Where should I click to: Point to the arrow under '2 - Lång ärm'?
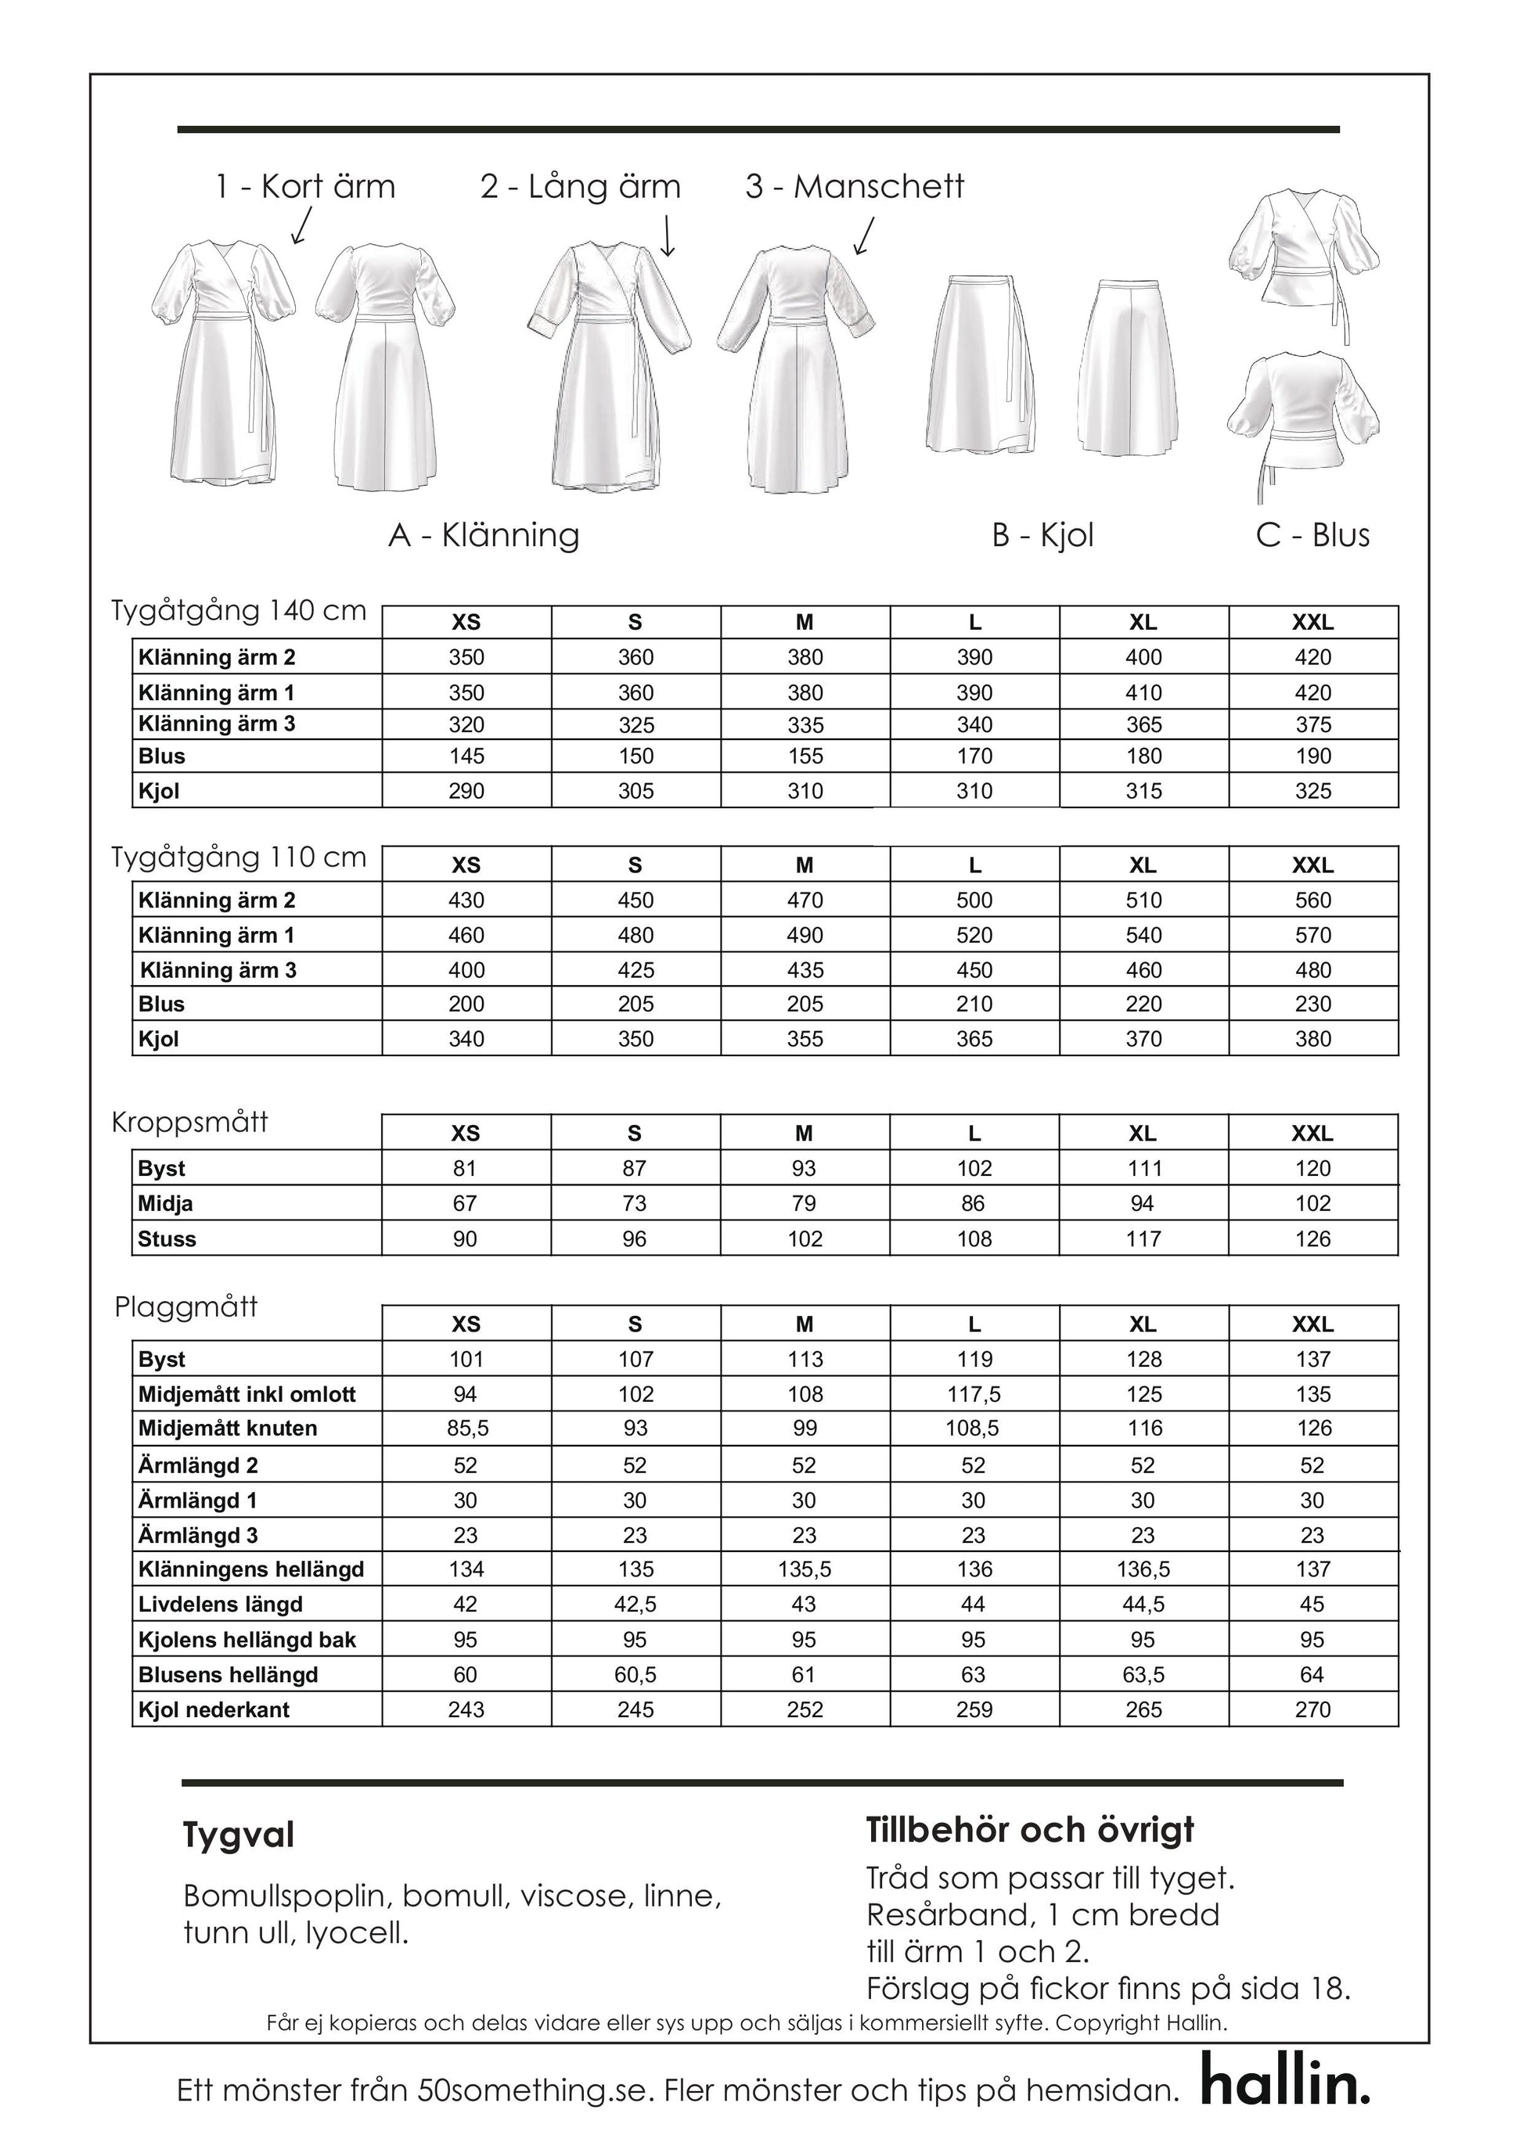[667, 235]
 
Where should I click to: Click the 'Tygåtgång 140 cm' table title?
[238, 610]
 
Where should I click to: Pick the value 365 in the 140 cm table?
[1143, 725]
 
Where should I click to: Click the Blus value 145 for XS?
[466, 757]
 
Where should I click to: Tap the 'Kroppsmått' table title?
[189, 1123]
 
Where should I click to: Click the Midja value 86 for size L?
[974, 1204]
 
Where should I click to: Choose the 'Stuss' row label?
[167, 1240]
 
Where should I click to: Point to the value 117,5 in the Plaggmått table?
[974, 1394]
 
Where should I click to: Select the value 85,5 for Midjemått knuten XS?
[466, 1429]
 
